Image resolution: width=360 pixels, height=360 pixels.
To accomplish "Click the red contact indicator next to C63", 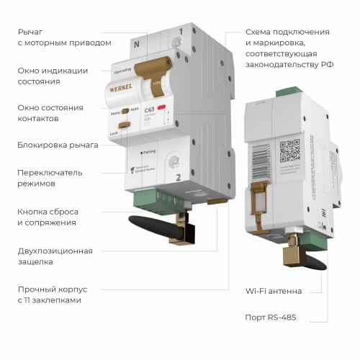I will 163,107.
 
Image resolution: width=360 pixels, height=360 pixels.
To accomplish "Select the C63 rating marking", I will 150,110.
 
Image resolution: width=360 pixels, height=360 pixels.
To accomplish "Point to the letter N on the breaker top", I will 138,43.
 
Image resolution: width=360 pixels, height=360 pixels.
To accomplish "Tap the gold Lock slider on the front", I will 124,126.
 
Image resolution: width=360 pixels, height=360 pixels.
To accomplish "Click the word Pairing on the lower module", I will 150,152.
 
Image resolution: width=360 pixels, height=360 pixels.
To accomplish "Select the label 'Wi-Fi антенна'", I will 274,291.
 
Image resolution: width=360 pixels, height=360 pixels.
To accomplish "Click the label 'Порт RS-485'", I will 270,317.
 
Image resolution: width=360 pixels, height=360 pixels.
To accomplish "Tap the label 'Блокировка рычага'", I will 58,145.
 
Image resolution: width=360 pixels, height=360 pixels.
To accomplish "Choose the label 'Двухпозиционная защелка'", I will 55,256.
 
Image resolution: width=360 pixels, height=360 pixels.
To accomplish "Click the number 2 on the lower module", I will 176,176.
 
